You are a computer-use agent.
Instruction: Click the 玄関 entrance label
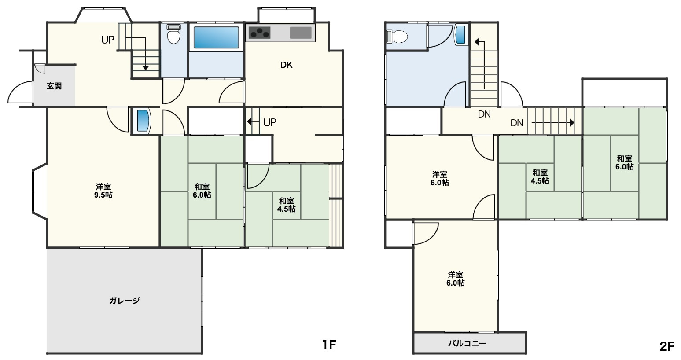click(x=54, y=86)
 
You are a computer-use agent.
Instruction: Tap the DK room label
click(x=287, y=65)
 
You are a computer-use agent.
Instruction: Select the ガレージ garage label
click(x=125, y=301)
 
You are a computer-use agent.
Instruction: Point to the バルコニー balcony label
click(x=467, y=344)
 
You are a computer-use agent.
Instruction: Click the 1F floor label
click(x=330, y=345)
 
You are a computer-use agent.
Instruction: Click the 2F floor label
click(x=667, y=347)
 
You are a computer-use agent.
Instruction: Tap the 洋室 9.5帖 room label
click(x=103, y=191)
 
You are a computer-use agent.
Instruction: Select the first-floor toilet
click(x=173, y=34)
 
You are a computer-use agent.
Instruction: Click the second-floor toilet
click(x=397, y=37)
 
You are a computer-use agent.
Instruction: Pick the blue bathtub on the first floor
click(x=216, y=37)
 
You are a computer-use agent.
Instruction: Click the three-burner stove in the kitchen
click(x=259, y=33)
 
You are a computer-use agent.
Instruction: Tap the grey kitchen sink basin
click(x=301, y=33)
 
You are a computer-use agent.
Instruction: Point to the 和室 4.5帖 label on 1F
click(x=287, y=205)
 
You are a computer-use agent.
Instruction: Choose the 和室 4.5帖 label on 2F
click(x=540, y=176)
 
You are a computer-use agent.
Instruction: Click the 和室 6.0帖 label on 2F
click(x=625, y=162)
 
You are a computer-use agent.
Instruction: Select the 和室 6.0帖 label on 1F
click(x=202, y=191)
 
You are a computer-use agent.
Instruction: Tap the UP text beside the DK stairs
click(x=270, y=122)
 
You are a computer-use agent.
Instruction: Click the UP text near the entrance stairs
click(x=107, y=40)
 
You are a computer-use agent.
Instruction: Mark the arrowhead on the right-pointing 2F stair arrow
click(x=572, y=122)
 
